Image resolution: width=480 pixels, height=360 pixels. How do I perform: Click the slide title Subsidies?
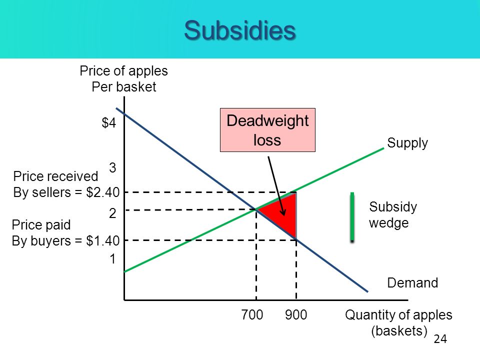(240, 30)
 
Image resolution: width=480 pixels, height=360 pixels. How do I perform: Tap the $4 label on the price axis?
(109, 123)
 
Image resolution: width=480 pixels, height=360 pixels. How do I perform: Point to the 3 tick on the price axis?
(112, 168)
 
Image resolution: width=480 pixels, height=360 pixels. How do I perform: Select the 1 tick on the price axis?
(113, 259)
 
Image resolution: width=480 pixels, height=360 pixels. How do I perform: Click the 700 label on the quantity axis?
(252, 314)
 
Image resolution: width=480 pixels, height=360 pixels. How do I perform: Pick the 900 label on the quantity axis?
(296, 314)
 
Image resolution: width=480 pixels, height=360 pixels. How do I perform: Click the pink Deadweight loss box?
(267, 130)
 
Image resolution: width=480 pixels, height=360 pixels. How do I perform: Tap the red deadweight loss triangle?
(283, 214)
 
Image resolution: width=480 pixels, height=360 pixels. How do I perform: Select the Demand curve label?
(412, 283)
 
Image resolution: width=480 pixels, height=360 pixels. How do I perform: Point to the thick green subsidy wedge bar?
(352, 216)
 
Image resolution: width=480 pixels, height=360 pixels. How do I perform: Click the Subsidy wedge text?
(393, 215)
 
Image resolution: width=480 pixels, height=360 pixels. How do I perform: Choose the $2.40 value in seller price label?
(103, 192)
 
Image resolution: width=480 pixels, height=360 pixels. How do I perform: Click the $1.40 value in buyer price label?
(103, 241)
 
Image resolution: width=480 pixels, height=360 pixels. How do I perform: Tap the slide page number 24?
(440, 339)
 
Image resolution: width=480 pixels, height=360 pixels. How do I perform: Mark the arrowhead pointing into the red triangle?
(283, 212)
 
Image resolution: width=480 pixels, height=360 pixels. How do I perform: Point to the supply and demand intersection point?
(256, 209)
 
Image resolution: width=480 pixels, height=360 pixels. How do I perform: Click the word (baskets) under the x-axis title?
(399, 331)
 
